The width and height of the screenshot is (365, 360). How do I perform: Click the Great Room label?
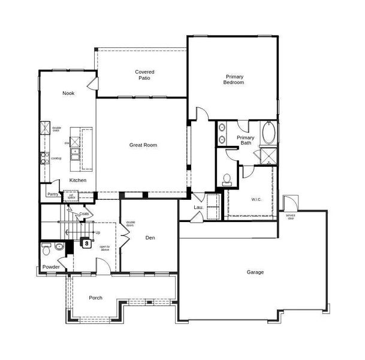(x=143, y=145)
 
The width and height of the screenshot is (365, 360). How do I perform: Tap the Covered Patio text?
(x=144, y=75)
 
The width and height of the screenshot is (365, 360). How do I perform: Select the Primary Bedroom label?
(x=234, y=79)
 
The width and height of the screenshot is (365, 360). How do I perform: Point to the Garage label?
(x=255, y=272)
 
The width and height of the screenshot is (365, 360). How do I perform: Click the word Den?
(x=150, y=238)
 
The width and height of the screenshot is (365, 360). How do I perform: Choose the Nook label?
(x=68, y=93)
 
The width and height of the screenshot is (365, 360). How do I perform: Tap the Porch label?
(x=95, y=298)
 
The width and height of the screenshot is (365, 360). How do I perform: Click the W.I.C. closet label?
(x=257, y=199)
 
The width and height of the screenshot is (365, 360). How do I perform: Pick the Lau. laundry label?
(x=198, y=207)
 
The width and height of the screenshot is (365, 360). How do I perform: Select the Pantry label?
(x=53, y=194)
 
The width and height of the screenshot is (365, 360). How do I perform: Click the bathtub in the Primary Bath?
(x=269, y=134)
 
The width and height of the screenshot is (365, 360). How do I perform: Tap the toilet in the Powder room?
(x=58, y=247)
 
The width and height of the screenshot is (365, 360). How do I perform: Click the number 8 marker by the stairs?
(x=86, y=244)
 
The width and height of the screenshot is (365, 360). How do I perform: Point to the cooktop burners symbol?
(x=44, y=158)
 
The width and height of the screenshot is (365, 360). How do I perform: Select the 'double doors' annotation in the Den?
(x=130, y=224)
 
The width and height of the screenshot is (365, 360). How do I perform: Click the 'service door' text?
(x=290, y=216)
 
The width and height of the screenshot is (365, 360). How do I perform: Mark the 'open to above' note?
(x=104, y=248)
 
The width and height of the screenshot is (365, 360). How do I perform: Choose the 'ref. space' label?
(x=71, y=196)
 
